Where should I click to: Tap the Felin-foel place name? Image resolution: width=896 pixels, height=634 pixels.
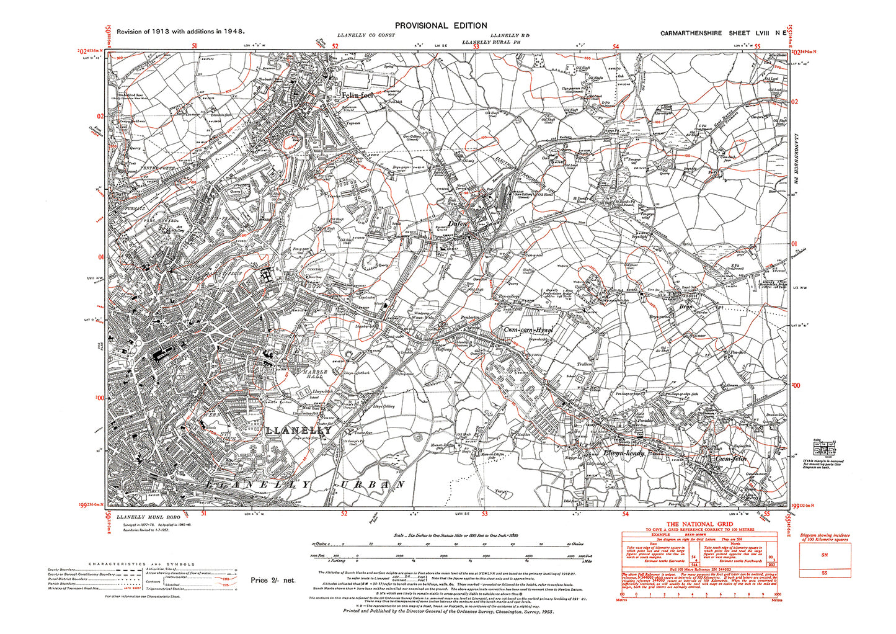pyautogui.click(x=360, y=96)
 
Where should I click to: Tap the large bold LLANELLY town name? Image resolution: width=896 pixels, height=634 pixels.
pyautogui.click(x=299, y=430)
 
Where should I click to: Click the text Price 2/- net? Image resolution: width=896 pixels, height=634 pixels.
pyautogui.click(x=273, y=580)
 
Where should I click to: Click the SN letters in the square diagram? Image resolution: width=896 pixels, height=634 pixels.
pyautogui.click(x=825, y=555)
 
